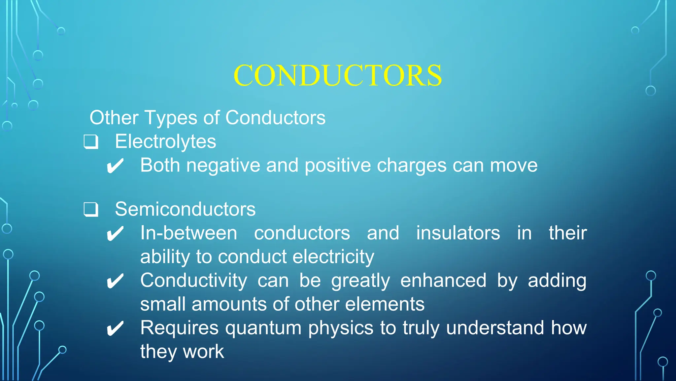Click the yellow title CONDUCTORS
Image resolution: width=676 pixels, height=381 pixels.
[337, 75]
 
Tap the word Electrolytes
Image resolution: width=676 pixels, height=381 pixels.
[165, 142]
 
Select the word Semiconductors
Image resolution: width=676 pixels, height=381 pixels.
[185, 209]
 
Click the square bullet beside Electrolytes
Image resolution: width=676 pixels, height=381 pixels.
[91, 142]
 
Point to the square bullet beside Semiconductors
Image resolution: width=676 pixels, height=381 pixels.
[91, 210]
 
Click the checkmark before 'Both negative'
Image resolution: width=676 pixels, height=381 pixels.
[115, 166]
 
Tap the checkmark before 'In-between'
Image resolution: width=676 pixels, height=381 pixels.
[115, 234]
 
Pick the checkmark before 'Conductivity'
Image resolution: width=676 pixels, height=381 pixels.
[115, 281]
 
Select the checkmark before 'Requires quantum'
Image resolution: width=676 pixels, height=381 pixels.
[115, 328]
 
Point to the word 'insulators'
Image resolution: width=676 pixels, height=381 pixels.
[458, 233]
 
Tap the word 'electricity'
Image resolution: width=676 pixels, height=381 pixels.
[333, 257]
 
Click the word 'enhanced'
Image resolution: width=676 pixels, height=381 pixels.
[443, 281]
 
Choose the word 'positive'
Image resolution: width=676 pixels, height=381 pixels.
[338, 166]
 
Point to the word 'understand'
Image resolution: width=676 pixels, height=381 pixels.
[495, 328]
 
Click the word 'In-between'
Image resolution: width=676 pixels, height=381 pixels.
[188, 233]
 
